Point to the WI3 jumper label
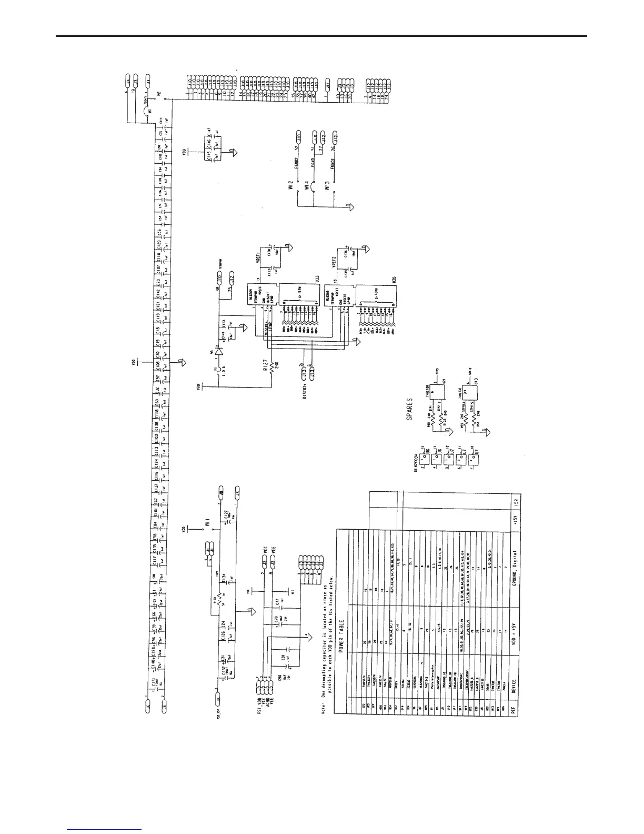tap(327, 185)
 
